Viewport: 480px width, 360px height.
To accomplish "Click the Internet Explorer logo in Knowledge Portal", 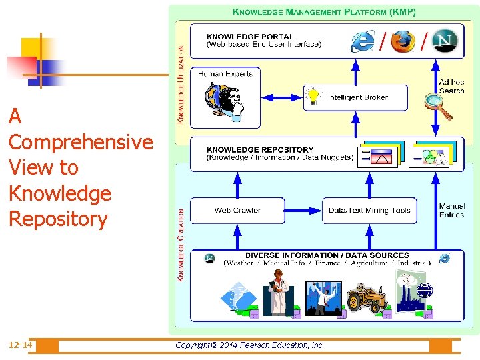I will click(362, 41).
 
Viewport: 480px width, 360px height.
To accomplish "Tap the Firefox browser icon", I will click(403, 41).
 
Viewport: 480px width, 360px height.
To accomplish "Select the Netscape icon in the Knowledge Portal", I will click(445, 40).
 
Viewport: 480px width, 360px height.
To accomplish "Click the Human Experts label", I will click(225, 74).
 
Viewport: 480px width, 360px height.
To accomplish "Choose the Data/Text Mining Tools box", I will click(369, 211).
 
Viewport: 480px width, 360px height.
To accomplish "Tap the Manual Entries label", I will click(452, 211).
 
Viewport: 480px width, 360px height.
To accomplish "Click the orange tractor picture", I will click(367, 298).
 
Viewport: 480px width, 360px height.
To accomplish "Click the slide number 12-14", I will click(20, 345).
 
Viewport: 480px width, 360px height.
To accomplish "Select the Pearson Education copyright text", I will click(249, 345).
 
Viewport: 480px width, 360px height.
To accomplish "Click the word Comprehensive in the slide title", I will click(81, 142).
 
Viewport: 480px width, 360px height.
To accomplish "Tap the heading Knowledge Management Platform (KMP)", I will click(324, 12).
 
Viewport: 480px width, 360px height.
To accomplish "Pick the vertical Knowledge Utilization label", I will click(181, 83).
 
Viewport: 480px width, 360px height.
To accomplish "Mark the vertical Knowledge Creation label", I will click(181, 244).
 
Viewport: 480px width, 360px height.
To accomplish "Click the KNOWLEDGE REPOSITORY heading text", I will click(259, 150).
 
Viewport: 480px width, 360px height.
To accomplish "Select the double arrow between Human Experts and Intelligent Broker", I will click(281, 97).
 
